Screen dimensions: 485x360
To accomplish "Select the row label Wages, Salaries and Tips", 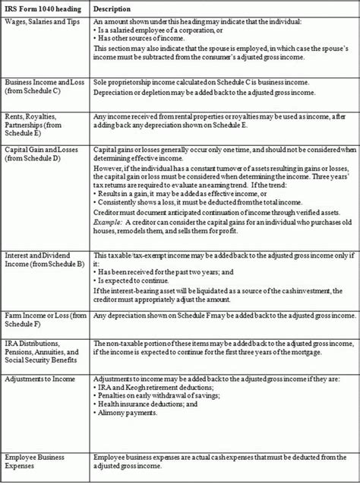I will coord(44,23).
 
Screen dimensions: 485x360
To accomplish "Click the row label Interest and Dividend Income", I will coord(43,255).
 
